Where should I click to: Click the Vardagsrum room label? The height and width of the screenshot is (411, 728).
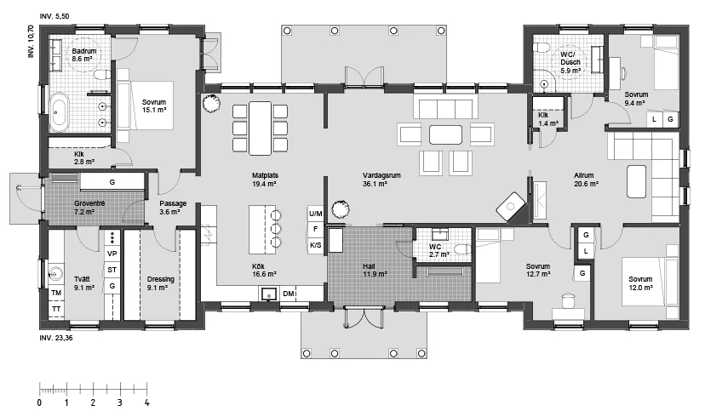381,175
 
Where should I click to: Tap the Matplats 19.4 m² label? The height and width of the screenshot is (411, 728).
265,180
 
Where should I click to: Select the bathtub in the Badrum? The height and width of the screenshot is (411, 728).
60,111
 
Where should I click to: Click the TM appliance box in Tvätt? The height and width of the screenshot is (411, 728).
56,293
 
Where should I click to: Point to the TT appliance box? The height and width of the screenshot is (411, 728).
56,309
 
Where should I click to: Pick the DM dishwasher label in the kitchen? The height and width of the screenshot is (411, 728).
289,294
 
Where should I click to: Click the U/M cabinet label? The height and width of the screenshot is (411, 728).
315,214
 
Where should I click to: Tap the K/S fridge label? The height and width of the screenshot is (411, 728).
315,245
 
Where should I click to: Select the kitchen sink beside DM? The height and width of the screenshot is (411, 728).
269,294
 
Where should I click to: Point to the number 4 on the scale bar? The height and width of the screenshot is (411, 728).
147,402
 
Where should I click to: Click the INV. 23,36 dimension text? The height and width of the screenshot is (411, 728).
56,338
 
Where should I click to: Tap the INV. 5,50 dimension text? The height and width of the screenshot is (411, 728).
54,16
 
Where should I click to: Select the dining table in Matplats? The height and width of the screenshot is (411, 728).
260,128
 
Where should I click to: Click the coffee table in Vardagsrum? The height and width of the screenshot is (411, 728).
445,134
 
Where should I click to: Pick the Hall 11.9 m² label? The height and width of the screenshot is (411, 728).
375,270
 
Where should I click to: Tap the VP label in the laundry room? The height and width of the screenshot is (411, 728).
112,254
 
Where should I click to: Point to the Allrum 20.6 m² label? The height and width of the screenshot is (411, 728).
585,180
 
